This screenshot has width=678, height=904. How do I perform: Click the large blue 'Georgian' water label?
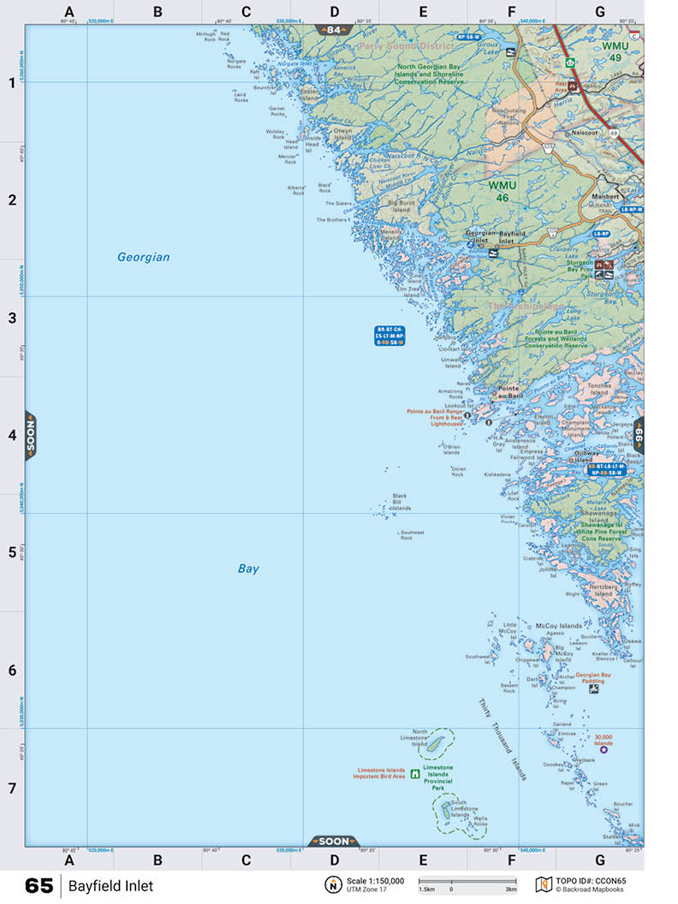[x=144, y=257]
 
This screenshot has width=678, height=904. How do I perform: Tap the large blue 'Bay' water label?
[x=248, y=568]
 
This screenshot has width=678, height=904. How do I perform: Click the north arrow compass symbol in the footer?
[x=331, y=885]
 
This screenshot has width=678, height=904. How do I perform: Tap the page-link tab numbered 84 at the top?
[x=334, y=30]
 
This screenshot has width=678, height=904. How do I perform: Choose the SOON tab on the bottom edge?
[x=334, y=841]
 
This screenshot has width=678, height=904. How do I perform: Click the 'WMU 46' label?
[x=499, y=191]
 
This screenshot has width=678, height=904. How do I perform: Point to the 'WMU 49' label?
[x=614, y=51]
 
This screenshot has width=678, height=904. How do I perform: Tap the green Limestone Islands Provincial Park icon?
[x=415, y=774]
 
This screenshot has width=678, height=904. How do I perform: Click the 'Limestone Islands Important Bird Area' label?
[x=380, y=774]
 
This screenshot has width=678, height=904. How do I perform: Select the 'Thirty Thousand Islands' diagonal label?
[x=503, y=740]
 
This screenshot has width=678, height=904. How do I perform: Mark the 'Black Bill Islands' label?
[x=401, y=502]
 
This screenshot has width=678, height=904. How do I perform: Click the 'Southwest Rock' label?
[x=412, y=534]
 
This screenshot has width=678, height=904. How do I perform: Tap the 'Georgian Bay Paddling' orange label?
[x=593, y=678]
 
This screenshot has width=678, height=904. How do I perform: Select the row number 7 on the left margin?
[x=12, y=788]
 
